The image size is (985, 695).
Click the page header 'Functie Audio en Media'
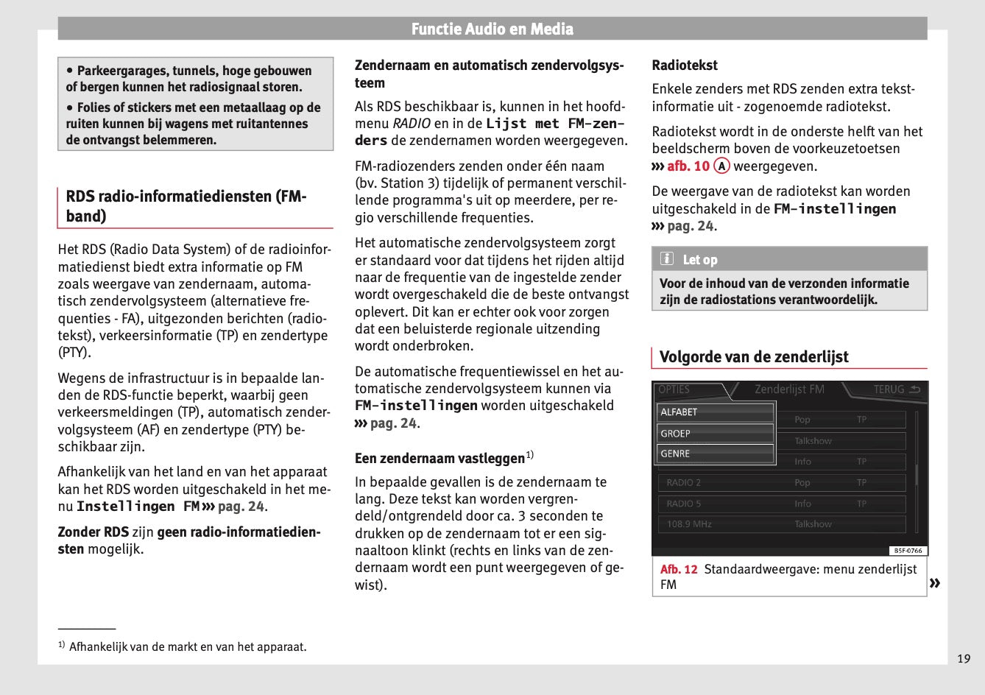click(492, 29)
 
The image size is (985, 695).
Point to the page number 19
click(964, 659)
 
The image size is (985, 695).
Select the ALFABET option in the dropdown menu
click(715, 412)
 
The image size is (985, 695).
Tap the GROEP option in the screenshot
click(715, 434)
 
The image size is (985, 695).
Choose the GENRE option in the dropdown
click(715, 454)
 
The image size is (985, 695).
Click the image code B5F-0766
click(908, 551)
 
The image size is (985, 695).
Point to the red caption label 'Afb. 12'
click(679, 569)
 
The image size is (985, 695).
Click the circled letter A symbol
click(721, 166)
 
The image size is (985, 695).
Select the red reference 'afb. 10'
click(688, 166)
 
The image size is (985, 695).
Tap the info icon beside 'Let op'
click(667, 259)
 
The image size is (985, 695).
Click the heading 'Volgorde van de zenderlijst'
click(754, 357)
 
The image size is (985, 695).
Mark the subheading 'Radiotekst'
click(685, 66)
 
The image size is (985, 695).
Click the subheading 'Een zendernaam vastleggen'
click(440, 459)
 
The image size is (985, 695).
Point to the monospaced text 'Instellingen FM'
click(138, 507)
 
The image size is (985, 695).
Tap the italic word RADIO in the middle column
click(411, 124)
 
